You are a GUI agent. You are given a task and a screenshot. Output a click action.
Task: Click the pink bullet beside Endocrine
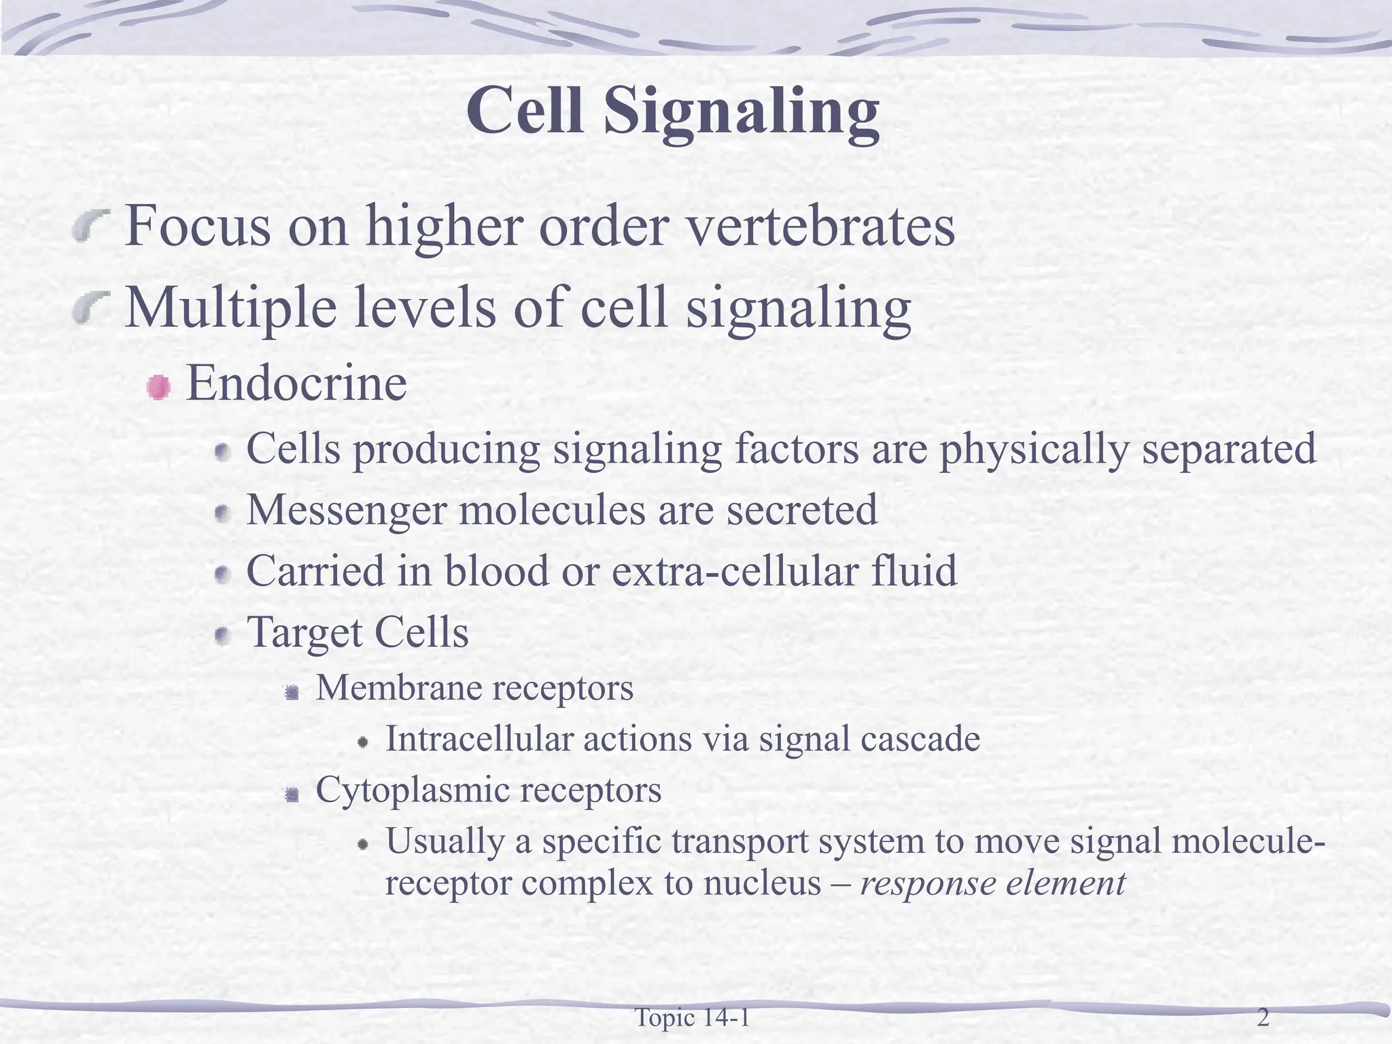(158, 387)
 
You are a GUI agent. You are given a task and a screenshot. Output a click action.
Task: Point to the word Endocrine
(296, 384)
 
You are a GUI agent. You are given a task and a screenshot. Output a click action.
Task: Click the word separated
(1229, 450)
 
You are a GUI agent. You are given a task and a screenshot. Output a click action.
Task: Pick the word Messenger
(346, 510)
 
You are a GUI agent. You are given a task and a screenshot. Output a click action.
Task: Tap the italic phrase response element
(993, 884)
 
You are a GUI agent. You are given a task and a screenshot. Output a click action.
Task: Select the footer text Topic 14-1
(692, 1018)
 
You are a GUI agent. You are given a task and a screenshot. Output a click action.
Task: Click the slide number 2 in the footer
(1263, 1018)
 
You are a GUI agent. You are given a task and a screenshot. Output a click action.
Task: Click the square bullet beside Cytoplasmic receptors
(292, 794)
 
